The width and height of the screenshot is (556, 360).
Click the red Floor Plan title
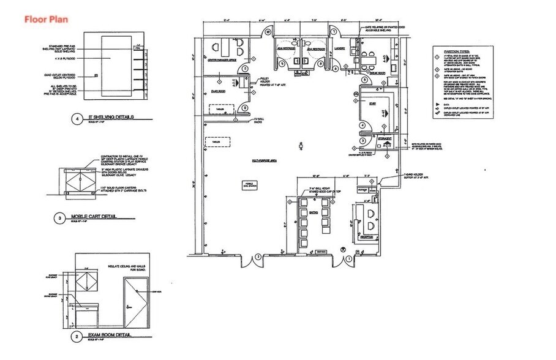point(46,19)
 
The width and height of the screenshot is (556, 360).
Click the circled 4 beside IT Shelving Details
point(77,119)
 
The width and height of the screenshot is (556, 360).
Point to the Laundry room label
point(340,48)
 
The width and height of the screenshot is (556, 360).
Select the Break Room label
point(378,73)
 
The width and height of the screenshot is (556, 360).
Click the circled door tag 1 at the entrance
point(350,259)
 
